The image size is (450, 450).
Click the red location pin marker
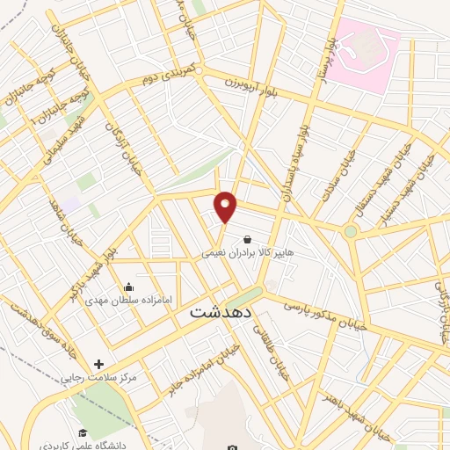click(x=226, y=207)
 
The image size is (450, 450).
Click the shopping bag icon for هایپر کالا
click(x=246, y=238)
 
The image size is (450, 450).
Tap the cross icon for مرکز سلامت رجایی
click(x=98, y=364)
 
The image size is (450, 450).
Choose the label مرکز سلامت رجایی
click(x=98, y=378)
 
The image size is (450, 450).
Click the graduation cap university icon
click(x=83, y=432)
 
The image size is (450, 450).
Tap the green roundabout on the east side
click(x=351, y=231)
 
